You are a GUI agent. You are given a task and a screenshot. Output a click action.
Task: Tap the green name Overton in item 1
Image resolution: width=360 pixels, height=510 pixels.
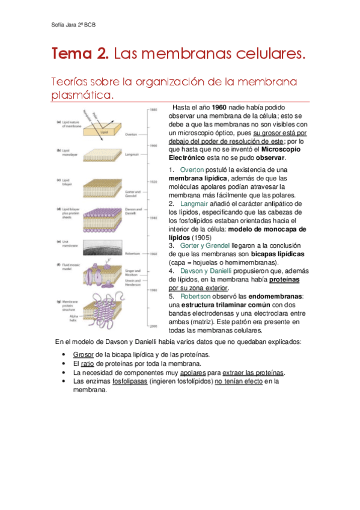click(192, 170)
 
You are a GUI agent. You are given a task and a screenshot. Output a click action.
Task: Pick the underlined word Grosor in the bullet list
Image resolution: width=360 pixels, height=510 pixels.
click(83, 355)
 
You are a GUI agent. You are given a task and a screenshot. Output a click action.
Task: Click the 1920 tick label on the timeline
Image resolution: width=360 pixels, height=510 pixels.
click(154, 181)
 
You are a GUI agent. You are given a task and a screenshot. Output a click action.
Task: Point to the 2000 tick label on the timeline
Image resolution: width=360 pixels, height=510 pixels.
click(154, 326)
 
